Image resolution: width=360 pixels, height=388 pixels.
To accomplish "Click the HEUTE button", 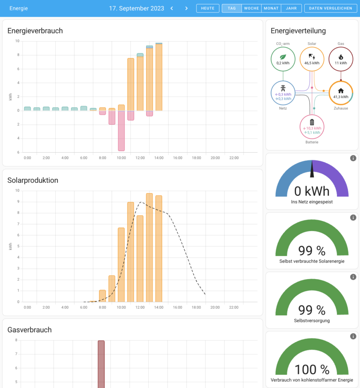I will pos(208,8).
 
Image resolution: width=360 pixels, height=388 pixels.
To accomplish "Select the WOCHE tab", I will pos(251,8).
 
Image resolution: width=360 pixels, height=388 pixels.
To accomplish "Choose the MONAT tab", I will pos(271,8).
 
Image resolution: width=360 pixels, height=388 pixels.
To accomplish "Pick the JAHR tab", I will pos(291,8).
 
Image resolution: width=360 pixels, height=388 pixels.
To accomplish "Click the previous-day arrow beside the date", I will pos(172,8).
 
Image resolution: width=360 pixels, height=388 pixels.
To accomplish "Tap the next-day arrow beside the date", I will pos(186,8).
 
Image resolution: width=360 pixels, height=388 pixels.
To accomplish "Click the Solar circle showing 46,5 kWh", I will pos(312,59).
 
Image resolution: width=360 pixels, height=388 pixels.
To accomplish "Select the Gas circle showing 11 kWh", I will pos(341,59).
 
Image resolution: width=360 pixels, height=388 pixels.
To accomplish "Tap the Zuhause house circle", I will pos(341,93).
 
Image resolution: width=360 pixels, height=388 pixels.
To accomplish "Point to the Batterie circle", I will pos(312,126).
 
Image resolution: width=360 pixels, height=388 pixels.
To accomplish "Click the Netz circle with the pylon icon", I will pos(283,93).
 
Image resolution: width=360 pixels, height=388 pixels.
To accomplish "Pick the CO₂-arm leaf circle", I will pos(283,59).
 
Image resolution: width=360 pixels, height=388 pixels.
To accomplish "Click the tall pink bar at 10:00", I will pos(121,131).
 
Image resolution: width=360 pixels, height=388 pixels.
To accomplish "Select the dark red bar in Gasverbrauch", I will pos(101,363).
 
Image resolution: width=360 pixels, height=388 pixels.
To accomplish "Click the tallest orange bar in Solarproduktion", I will pos(149,248).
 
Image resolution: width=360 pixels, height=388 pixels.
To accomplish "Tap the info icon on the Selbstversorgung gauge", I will pos(353,277).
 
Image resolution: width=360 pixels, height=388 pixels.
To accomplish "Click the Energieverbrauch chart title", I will pos(35,31).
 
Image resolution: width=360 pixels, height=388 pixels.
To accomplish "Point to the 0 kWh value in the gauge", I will pos(312,191).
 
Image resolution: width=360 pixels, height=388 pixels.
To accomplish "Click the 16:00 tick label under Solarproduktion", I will pos(178,307).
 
